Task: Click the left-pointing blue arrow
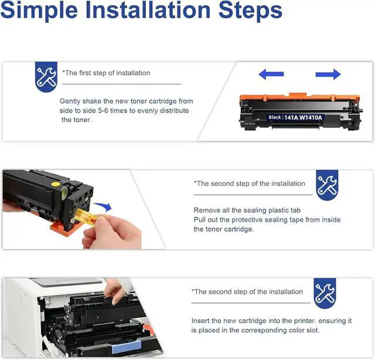pyautogui.click(x=271, y=74)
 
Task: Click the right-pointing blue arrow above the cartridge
pyautogui.click(x=328, y=74)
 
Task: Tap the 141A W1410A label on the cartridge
pyautogui.click(x=303, y=117)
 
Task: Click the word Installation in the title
pyautogui.click(x=148, y=10)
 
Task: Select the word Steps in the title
pyautogui.click(x=250, y=11)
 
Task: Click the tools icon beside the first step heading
pyautogui.click(x=46, y=77)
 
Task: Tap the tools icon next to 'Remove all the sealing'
pyautogui.click(x=327, y=185)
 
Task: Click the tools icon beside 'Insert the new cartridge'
pyautogui.click(x=325, y=293)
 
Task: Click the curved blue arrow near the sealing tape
pyautogui.click(x=103, y=206)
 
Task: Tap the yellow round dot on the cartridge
pyautogui.click(x=56, y=184)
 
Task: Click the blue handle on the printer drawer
pyautogui.click(x=127, y=347)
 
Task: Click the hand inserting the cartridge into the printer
pyautogui.click(x=114, y=291)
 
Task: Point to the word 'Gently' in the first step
pyautogui.click(x=70, y=101)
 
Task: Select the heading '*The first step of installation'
pyautogui.click(x=106, y=73)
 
